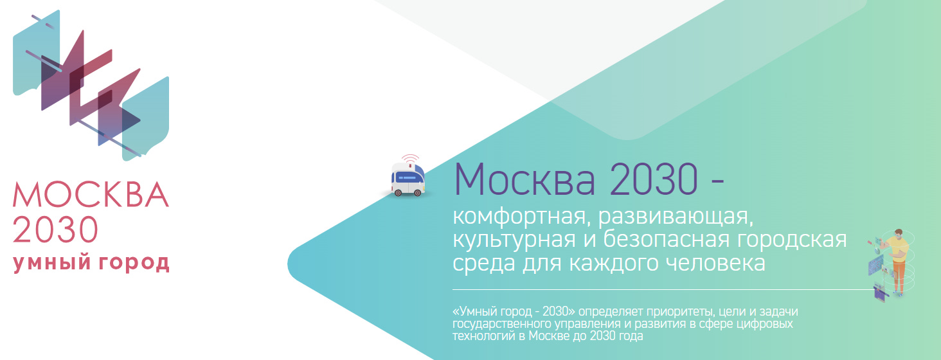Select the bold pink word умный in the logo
pyautogui.click(x=48, y=264)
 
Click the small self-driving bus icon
pyautogui.click(x=408, y=179)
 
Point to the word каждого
pyautogui.click(x=598, y=263)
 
